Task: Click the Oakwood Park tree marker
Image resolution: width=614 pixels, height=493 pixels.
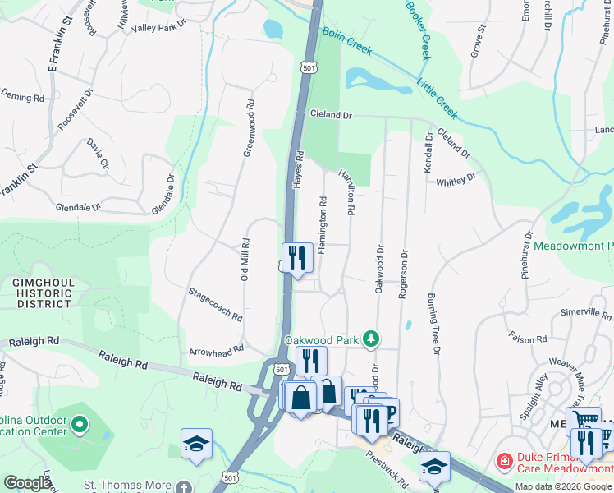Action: pos(372,339)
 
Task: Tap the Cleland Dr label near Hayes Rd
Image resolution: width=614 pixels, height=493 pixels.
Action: pos(330,116)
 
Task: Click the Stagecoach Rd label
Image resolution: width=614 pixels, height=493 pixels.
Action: pos(215,304)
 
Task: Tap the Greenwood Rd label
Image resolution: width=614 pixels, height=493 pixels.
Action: pos(247,129)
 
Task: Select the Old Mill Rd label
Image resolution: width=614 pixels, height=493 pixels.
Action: pos(245,260)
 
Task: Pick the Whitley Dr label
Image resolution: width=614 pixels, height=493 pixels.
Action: pos(456,181)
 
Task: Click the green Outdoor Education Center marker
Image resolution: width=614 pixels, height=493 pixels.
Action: pos(79,425)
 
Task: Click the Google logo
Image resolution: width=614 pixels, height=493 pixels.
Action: pos(27,483)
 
